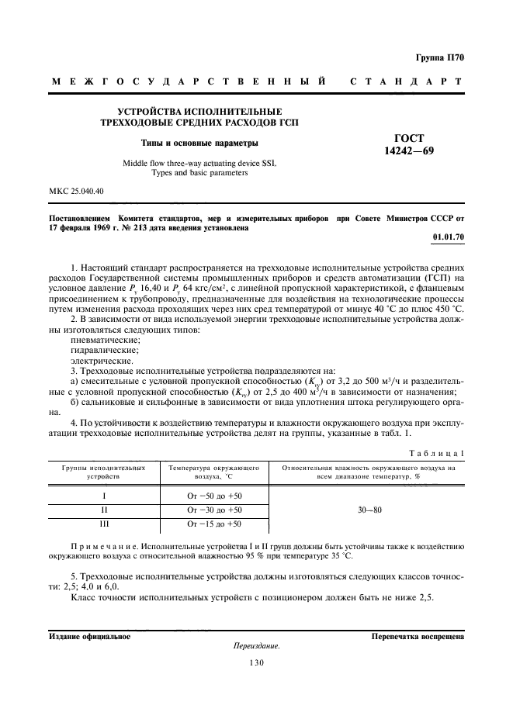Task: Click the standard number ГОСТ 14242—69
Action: click(x=414, y=144)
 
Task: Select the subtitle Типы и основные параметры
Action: click(x=199, y=143)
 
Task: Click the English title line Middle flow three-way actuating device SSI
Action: click(x=199, y=164)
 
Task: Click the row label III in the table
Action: click(x=103, y=524)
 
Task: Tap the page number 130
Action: click(x=256, y=662)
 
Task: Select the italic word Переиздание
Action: click(x=255, y=645)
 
